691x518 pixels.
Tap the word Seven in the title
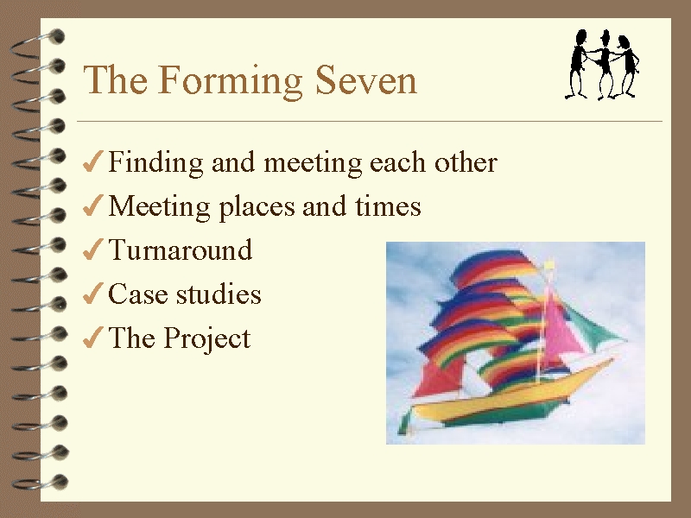click(x=365, y=80)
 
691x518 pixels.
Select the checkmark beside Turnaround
click(x=93, y=250)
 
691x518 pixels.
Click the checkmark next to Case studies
click(x=93, y=294)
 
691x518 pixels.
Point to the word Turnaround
click(x=181, y=250)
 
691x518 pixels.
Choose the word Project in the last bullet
click(x=207, y=339)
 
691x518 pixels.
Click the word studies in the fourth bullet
click(x=219, y=294)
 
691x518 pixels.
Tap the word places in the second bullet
click(x=257, y=206)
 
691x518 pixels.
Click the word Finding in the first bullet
click(x=155, y=162)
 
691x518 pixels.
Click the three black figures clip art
click(x=602, y=64)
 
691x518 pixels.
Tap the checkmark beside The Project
click(x=93, y=338)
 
